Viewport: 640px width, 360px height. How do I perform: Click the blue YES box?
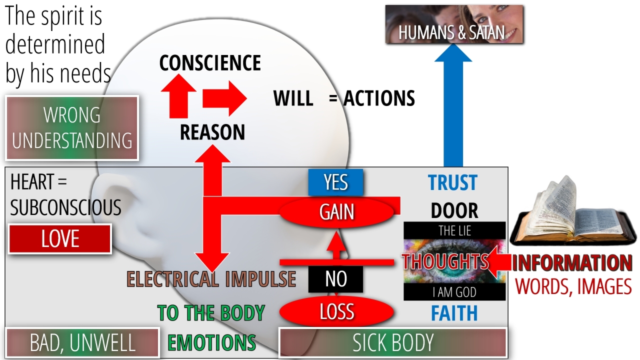(x=335, y=182)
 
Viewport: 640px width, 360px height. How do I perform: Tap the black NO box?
(x=335, y=279)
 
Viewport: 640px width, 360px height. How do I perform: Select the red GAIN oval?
(x=336, y=212)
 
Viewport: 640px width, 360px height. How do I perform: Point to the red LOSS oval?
(x=336, y=312)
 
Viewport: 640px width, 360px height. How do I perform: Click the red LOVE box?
(x=60, y=239)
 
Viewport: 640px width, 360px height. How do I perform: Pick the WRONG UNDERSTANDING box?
(x=72, y=128)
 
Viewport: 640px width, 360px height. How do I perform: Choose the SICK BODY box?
(x=392, y=343)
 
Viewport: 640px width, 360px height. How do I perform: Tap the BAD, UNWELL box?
(x=82, y=343)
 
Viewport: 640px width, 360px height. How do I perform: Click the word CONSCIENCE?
(x=210, y=63)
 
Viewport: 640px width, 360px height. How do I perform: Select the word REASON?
(x=212, y=132)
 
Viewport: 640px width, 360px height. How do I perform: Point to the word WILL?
(x=293, y=98)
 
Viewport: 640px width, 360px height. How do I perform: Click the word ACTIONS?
(x=378, y=98)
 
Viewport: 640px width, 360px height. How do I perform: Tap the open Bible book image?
(x=570, y=215)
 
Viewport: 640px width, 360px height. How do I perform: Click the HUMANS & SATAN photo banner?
(x=454, y=25)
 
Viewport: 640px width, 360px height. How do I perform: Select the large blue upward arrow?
(x=453, y=110)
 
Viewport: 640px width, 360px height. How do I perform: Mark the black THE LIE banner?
(x=454, y=231)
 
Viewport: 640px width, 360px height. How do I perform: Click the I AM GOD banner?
(x=454, y=292)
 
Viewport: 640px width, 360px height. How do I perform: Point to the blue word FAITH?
(x=454, y=313)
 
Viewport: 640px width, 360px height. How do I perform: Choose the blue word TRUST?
(x=452, y=183)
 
